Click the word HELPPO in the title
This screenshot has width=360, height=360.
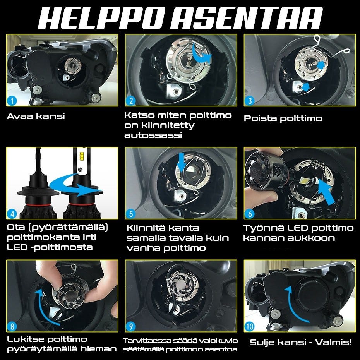coord(101,17)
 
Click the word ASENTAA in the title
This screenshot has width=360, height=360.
coord(246,17)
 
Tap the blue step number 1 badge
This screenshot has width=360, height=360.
coord(12,101)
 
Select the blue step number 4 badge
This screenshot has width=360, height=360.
coord(12,214)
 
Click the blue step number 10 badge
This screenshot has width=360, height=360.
coord(250,326)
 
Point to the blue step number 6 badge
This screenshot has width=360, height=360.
coord(250,214)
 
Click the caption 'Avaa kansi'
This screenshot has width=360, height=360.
coord(36,116)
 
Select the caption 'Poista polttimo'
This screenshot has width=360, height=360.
coord(283,118)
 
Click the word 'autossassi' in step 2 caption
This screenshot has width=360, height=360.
coord(153,135)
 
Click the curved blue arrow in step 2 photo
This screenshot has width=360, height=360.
coord(201,54)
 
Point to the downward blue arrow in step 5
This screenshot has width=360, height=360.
coord(182,162)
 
